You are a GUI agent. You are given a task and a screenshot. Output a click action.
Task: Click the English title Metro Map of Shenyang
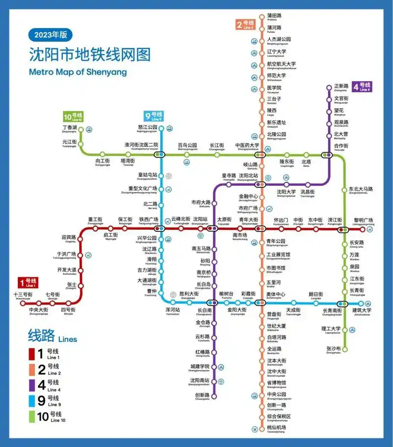click(78, 72)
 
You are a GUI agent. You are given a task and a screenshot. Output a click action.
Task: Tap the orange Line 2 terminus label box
click(245, 25)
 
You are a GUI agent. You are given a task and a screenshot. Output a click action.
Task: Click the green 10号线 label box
click(73, 117)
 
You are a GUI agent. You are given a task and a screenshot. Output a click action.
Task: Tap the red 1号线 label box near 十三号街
click(28, 282)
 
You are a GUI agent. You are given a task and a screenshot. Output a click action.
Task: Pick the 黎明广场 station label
click(364, 220)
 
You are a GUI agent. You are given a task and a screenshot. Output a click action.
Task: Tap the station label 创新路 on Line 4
click(202, 395)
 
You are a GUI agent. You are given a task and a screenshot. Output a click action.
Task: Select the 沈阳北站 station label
click(249, 175)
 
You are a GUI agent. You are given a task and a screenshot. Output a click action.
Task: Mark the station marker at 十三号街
click(23, 303)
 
